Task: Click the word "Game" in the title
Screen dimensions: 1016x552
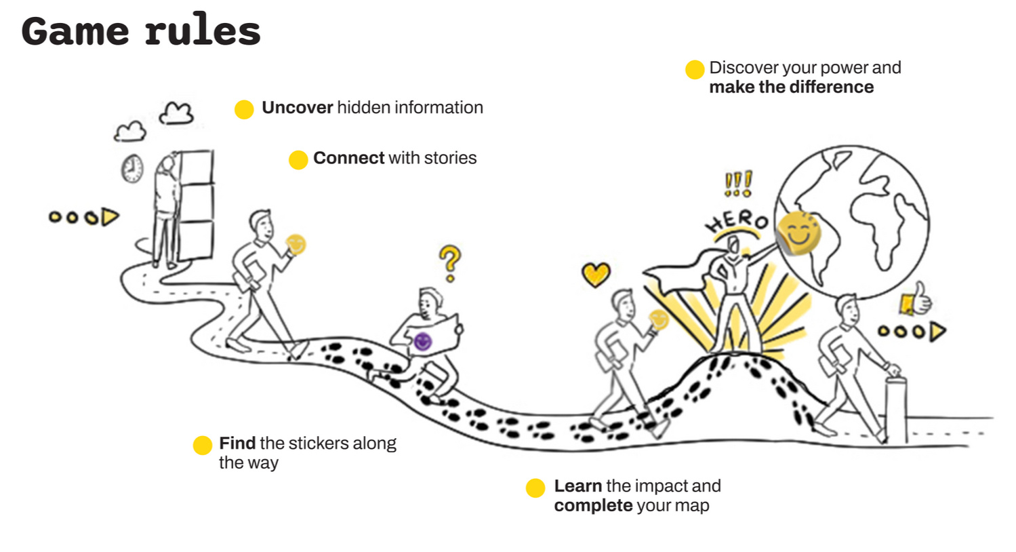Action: point(75,31)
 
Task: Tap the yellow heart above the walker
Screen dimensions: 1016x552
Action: point(596,275)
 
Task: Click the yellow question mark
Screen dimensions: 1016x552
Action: point(450,263)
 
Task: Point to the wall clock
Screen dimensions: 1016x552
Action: point(132,168)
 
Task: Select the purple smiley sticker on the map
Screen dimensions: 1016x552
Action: point(423,341)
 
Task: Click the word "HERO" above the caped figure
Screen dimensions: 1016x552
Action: point(736,222)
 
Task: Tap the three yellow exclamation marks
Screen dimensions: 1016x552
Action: point(738,183)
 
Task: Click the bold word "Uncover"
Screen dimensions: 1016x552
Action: point(298,108)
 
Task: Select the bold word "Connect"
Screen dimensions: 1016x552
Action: point(349,158)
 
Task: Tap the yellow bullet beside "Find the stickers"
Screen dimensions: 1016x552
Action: point(202,446)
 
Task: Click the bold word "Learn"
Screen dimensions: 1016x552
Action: point(578,486)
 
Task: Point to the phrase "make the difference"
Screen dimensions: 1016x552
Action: point(792,87)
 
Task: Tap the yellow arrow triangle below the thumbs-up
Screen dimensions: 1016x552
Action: point(938,332)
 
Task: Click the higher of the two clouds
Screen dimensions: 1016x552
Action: point(176,113)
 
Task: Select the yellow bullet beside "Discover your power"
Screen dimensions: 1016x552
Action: point(695,69)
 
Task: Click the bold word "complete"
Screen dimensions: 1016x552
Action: point(593,506)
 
